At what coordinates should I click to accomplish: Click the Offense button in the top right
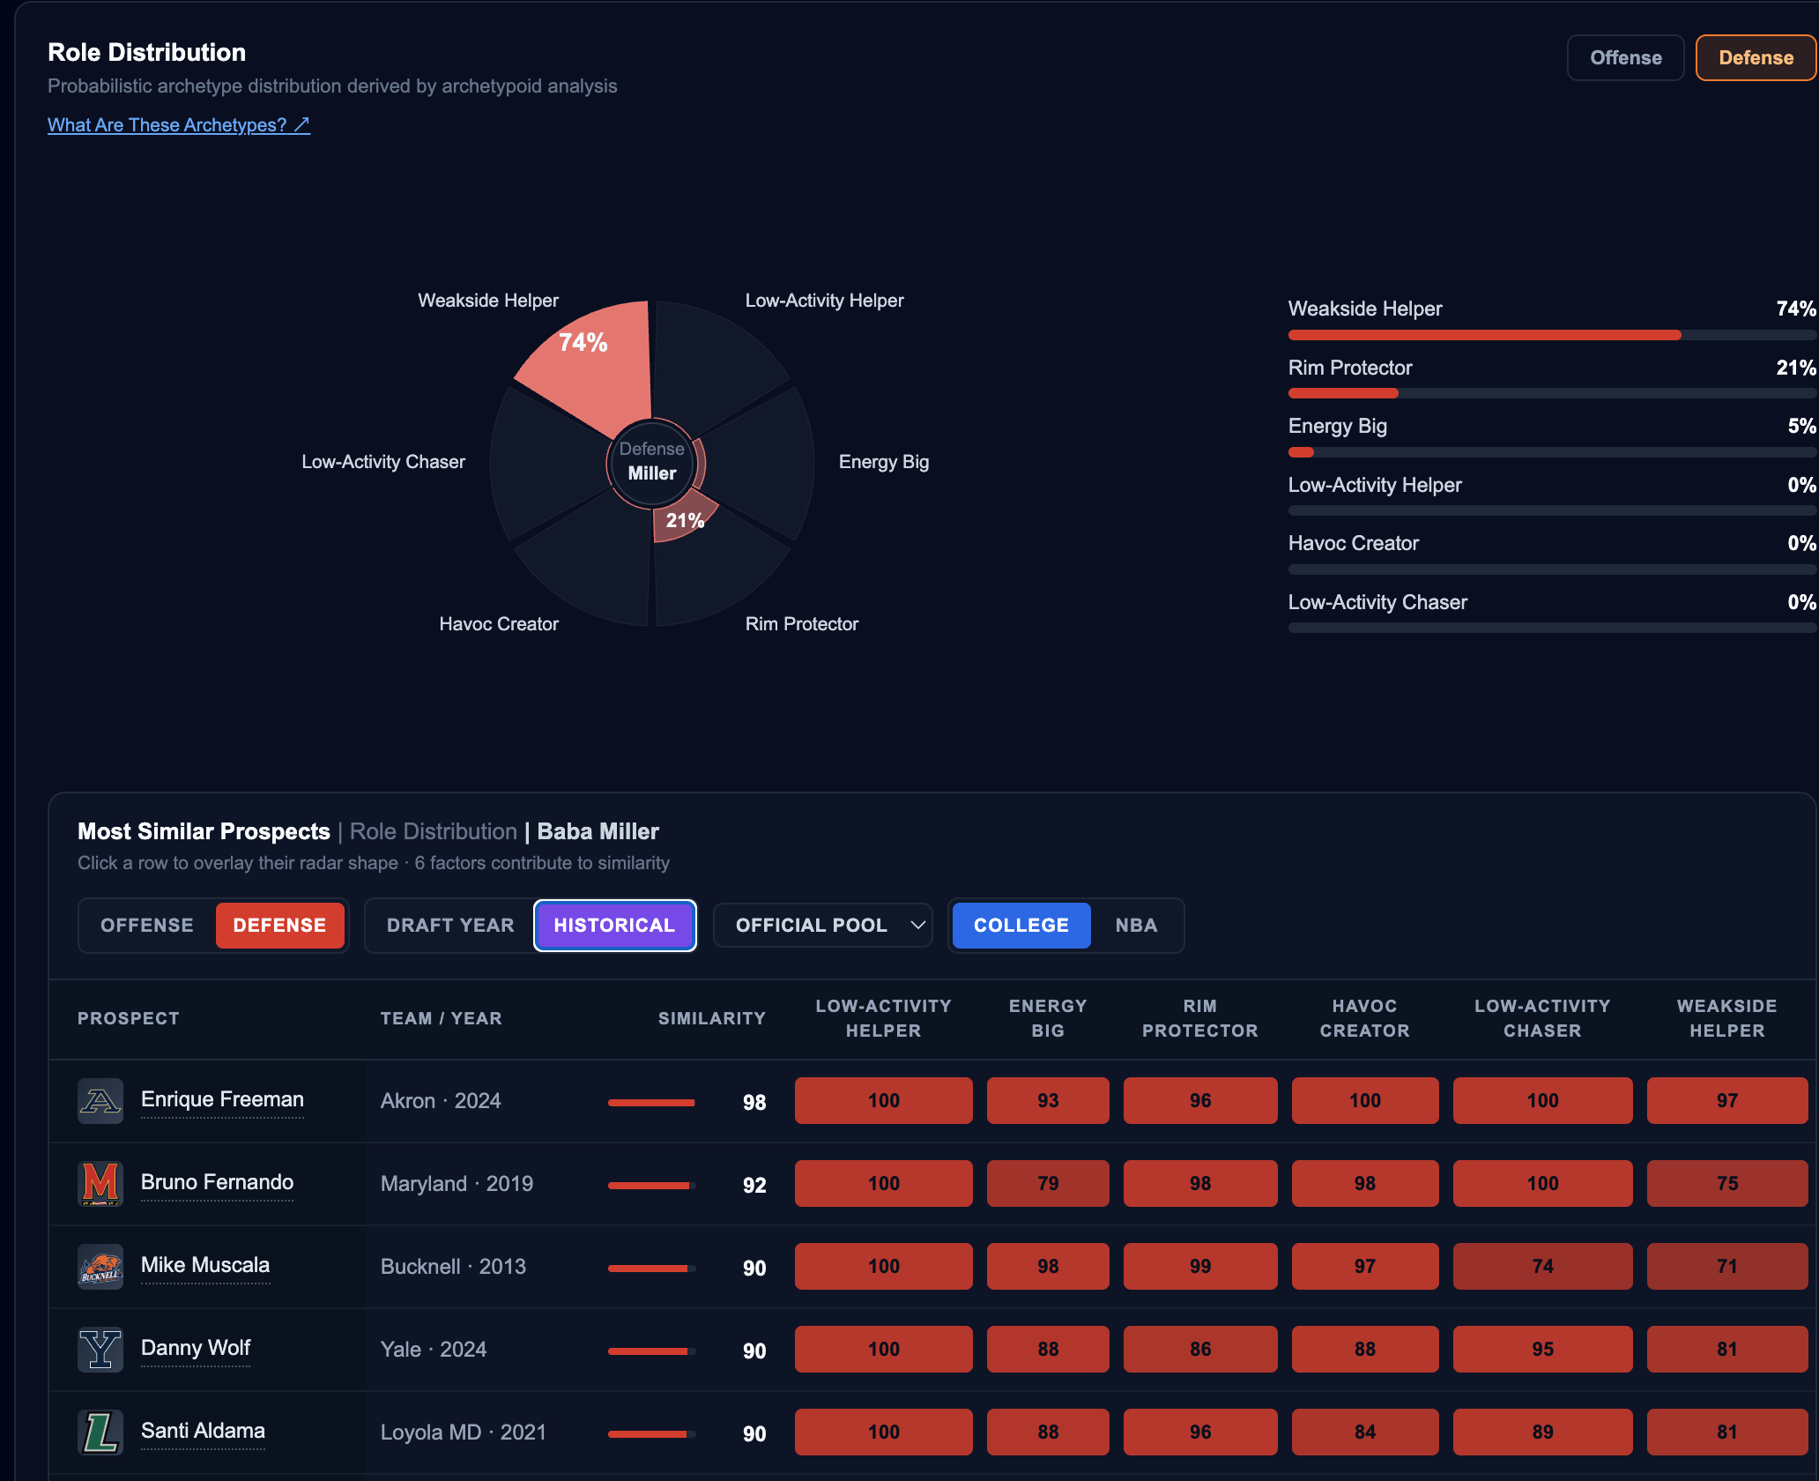tap(1625, 58)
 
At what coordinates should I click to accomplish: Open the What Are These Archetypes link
tap(179, 125)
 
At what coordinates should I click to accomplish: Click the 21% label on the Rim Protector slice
tap(685, 521)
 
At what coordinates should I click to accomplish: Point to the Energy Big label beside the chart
tap(884, 462)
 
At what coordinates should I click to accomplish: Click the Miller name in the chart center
tap(652, 473)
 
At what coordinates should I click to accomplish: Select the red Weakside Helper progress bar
tap(1484, 335)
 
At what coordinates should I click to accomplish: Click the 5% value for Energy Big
tap(1801, 427)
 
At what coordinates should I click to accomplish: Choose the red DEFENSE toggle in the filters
tap(279, 926)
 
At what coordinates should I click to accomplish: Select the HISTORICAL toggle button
tap(614, 926)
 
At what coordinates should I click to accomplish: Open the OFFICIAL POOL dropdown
tap(822, 926)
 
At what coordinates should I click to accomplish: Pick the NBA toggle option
tap(1136, 926)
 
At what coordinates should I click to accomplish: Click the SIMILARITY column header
tap(712, 1018)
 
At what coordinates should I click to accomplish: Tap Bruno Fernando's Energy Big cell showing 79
tap(1048, 1183)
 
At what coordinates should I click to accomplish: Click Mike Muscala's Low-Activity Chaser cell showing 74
tap(1542, 1266)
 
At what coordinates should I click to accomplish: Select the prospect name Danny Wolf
tap(196, 1348)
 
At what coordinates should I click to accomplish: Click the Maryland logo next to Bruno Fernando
tap(100, 1183)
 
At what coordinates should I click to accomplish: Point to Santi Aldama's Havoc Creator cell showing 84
tap(1364, 1432)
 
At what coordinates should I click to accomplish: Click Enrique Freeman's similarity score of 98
tap(754, 1102)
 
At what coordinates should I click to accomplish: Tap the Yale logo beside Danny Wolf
tap(100, 1349)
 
